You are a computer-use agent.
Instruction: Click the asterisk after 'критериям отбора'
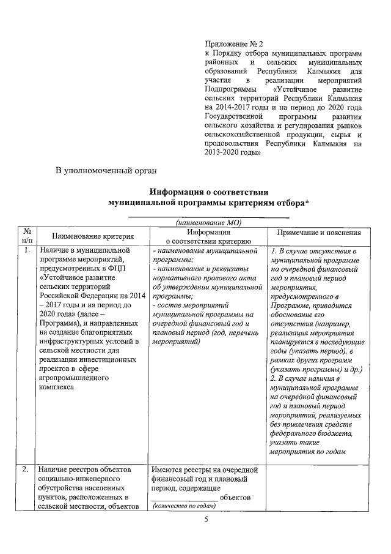tap(307, 203)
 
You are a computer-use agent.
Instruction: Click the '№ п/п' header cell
tap(27, 236)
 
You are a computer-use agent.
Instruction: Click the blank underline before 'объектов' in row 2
tap(184, 497)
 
